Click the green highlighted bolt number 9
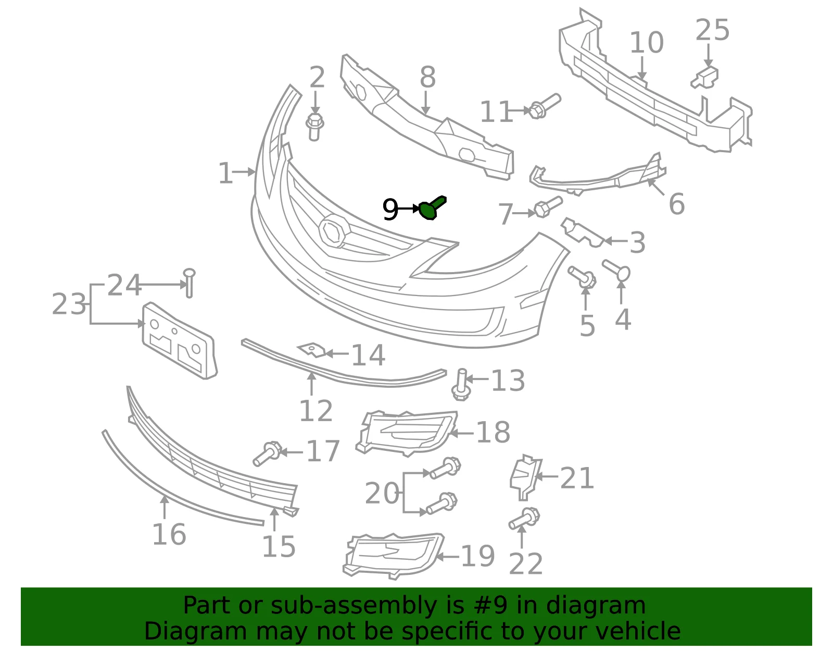coord(432,207)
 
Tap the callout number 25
coord(712,30)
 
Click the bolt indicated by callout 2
coord(315,127)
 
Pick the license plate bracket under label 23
coord(179,341)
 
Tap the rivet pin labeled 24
coord(189,283)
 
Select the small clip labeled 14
coord(311,350)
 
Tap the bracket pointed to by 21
coord(525,478)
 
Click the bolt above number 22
coord(524,518)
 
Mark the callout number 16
coord(169,534)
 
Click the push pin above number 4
coord(616,269)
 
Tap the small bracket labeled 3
coord(582,232)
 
